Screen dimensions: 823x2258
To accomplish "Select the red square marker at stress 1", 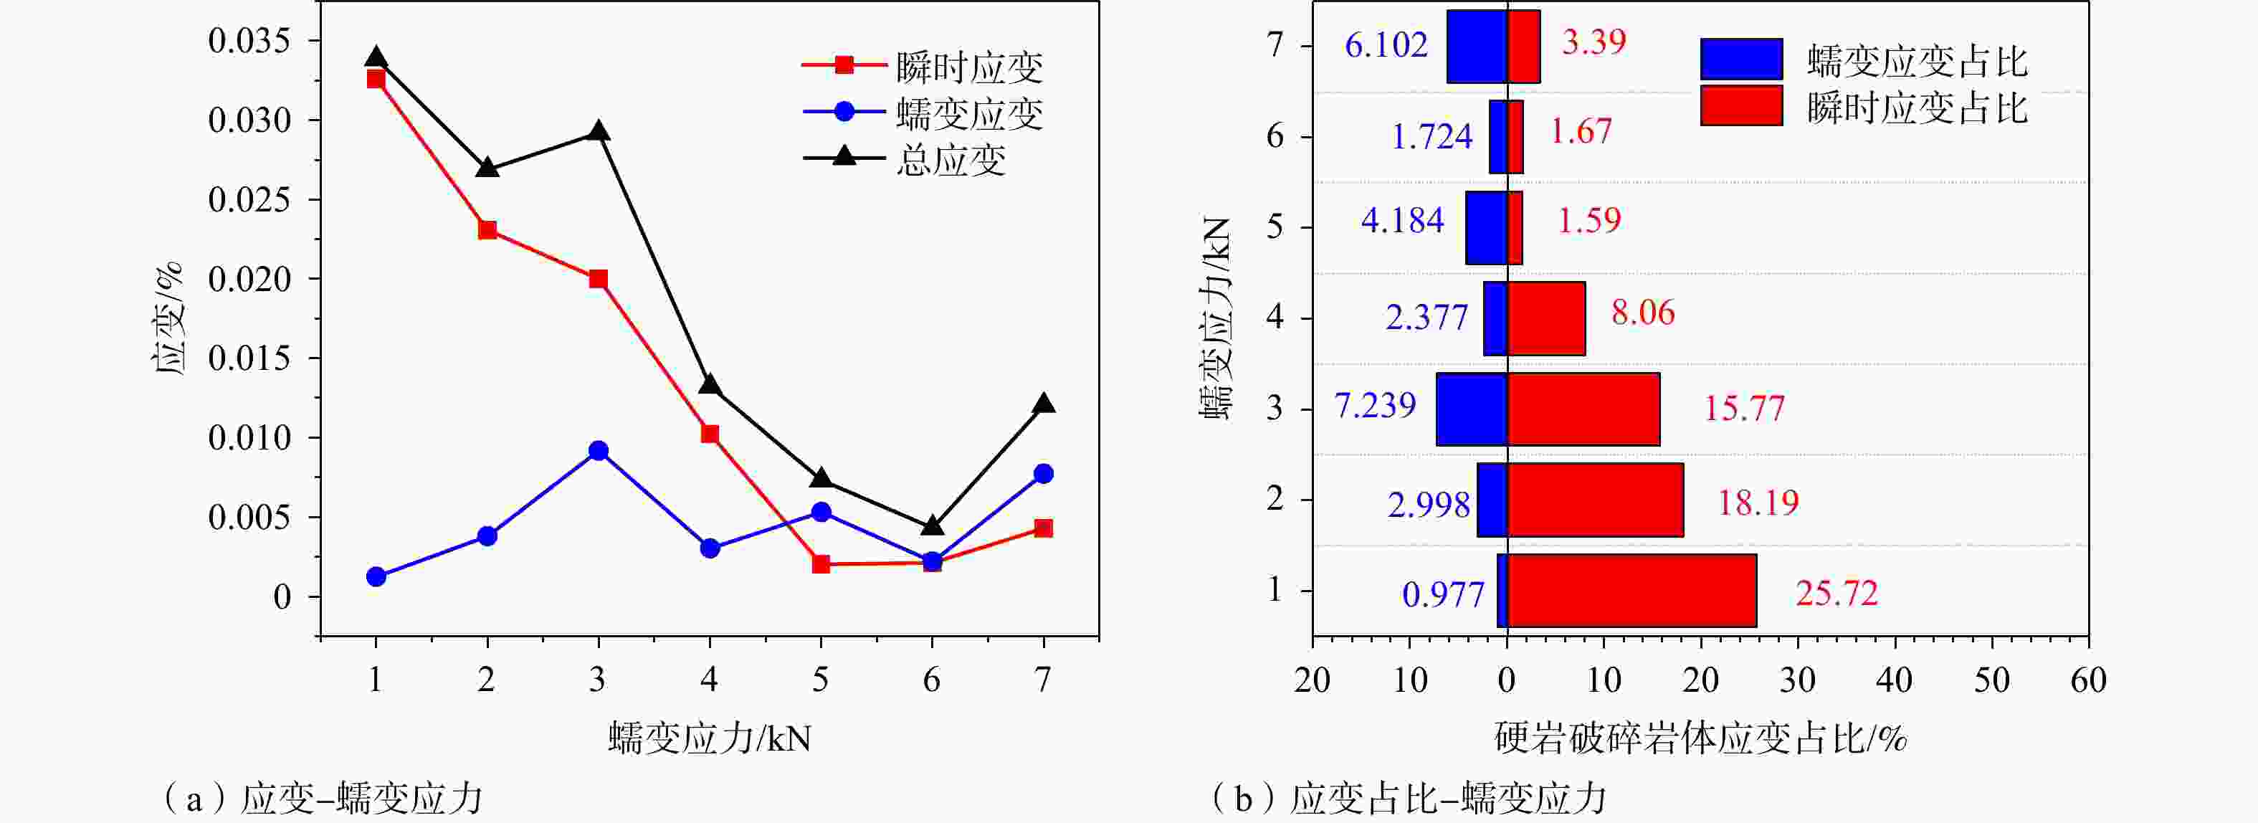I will pos(376,79).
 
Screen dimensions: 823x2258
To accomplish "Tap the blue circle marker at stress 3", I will pos(599,450).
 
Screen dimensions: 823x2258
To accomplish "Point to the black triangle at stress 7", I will pos(1043,404).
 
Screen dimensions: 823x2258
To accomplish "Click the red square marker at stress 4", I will pos(710,434).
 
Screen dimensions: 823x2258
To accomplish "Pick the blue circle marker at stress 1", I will pos(376,576).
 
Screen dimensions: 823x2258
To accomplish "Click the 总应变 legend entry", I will pos(951,161).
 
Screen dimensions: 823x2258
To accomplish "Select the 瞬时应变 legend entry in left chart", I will pos(968,67).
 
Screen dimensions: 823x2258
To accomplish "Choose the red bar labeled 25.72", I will pos(1631,590).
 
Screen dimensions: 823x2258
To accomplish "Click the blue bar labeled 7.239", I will pos(1471,409).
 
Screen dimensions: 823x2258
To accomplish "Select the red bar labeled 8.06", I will pos(1545,318).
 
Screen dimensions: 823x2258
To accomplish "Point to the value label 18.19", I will pos(1758,503).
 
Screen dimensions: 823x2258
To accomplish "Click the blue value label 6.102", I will pos(1386,44).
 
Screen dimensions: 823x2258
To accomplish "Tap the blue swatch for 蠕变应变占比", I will pos(1741,59).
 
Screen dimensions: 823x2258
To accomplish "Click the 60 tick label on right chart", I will pos(2088,680).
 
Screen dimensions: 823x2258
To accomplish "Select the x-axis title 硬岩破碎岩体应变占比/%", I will pos(1700,739).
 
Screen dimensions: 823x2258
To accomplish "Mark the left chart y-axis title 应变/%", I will pos(168,318).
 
